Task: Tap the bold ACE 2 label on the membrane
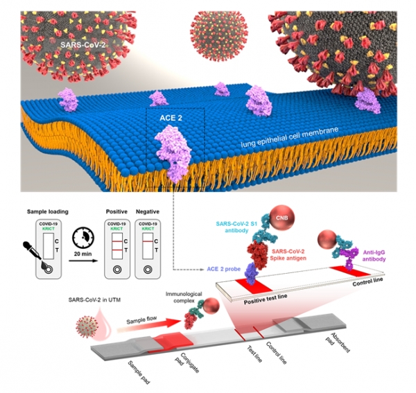click(x=169, y=119)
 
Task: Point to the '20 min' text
click(x=83, y=253)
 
